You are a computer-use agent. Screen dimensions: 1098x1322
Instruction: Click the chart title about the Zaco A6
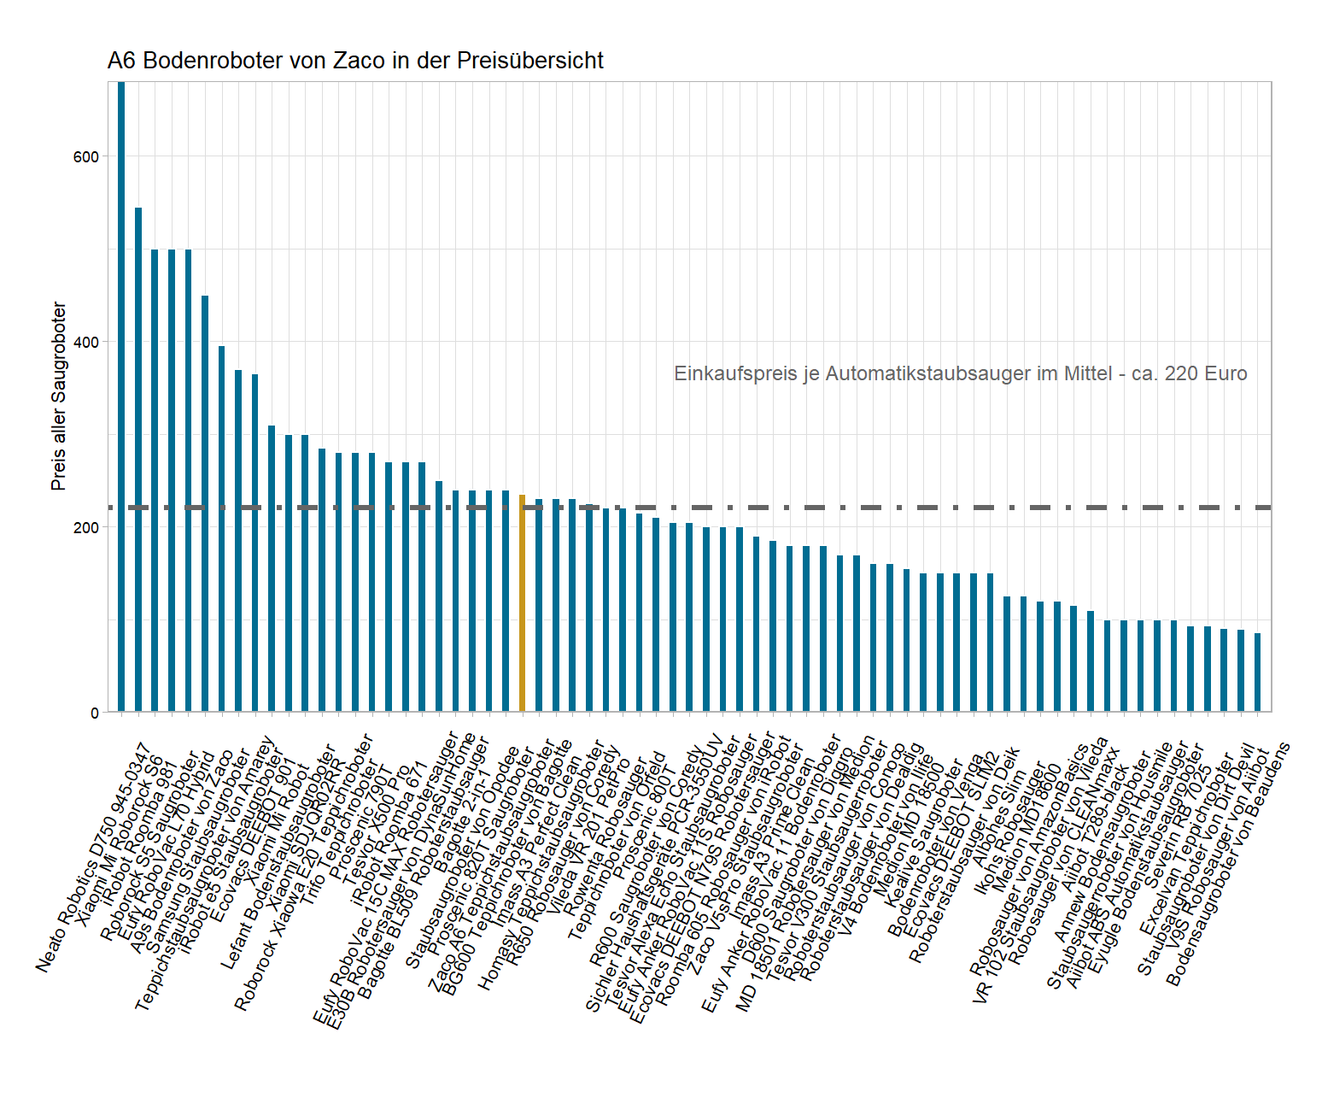tap(355, 61)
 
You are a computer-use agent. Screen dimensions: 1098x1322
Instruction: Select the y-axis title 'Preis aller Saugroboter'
tap(58, 396)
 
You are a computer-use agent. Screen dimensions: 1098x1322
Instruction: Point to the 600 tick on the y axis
tap(85, 156)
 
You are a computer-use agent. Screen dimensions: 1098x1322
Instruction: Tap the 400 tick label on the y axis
tap(85, 342)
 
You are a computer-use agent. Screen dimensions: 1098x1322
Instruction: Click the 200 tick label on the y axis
tap(85, 527)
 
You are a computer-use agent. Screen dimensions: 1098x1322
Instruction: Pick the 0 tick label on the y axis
tap(94, 713)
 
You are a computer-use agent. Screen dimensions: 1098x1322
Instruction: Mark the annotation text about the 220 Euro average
tap(960, 373)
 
